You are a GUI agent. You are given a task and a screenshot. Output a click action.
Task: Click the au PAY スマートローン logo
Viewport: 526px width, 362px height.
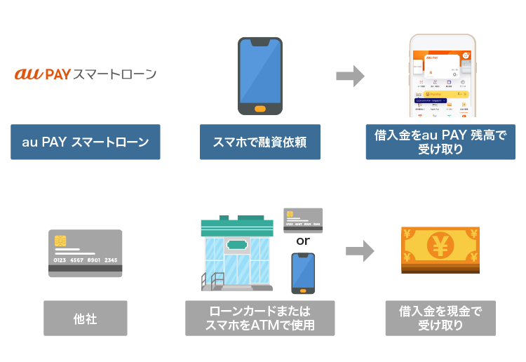coord(85,74)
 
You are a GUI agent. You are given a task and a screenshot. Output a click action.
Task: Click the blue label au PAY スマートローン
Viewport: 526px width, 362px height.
coord(85,142)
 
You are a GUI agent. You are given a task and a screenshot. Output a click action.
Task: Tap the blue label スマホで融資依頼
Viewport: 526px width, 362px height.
coord(259,142)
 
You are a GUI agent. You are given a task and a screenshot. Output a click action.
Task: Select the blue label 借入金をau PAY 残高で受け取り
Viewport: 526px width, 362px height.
coord(440,142)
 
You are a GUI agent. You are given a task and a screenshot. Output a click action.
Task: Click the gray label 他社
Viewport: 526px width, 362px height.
coord(85,319)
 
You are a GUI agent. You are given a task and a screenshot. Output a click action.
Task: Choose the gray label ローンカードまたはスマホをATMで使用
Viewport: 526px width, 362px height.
coord(259,319)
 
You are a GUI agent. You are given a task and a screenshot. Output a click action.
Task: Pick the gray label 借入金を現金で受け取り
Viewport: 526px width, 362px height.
coord(440,319)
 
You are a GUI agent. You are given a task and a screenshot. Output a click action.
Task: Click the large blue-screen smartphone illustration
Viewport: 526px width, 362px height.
coord(259,76)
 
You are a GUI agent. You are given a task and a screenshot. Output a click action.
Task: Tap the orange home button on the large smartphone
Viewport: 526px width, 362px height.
coord(259,109)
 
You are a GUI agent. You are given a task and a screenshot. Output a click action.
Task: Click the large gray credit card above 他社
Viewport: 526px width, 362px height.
coord(85,253)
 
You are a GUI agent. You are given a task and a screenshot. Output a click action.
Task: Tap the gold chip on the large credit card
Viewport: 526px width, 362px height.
coord(62,241)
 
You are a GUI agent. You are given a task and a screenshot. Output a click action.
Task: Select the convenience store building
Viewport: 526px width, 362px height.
coord(237,254)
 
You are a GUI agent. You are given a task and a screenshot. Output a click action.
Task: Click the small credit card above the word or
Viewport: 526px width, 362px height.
coord(302,220)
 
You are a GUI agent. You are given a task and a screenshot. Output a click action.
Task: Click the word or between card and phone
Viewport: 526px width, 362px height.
coord(302,241)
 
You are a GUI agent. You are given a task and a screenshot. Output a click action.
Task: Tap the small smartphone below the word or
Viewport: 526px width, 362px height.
coord(303,273)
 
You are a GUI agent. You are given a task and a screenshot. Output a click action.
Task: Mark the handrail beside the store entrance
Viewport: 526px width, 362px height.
coord(211,280)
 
